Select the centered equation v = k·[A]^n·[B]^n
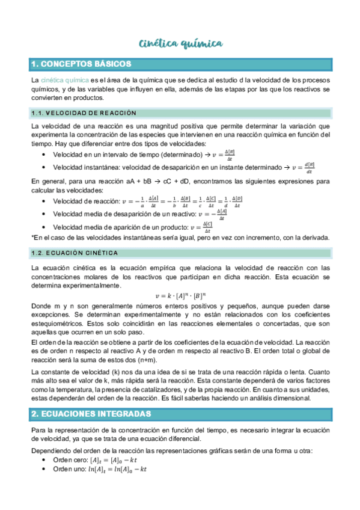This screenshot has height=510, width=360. pyautogui.click(x=180, y=295)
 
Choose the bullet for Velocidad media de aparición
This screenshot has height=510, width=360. pyautogui.click(x=132, y=227)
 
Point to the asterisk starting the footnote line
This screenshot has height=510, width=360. pyautogui.click(x=32, y=238)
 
